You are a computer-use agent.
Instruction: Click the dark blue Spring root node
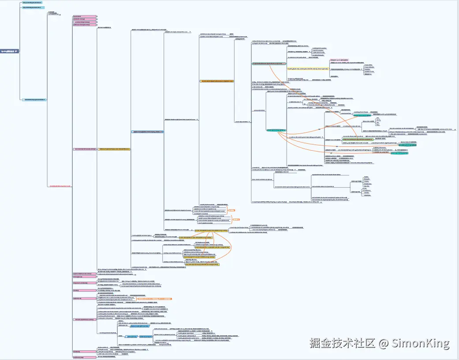click(x=9, y=51)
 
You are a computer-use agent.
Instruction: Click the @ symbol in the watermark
click(x=384, y=343)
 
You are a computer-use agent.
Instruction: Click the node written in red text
click(x=60, y=186)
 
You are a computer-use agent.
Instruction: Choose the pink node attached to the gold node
click(x=84, y=149)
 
